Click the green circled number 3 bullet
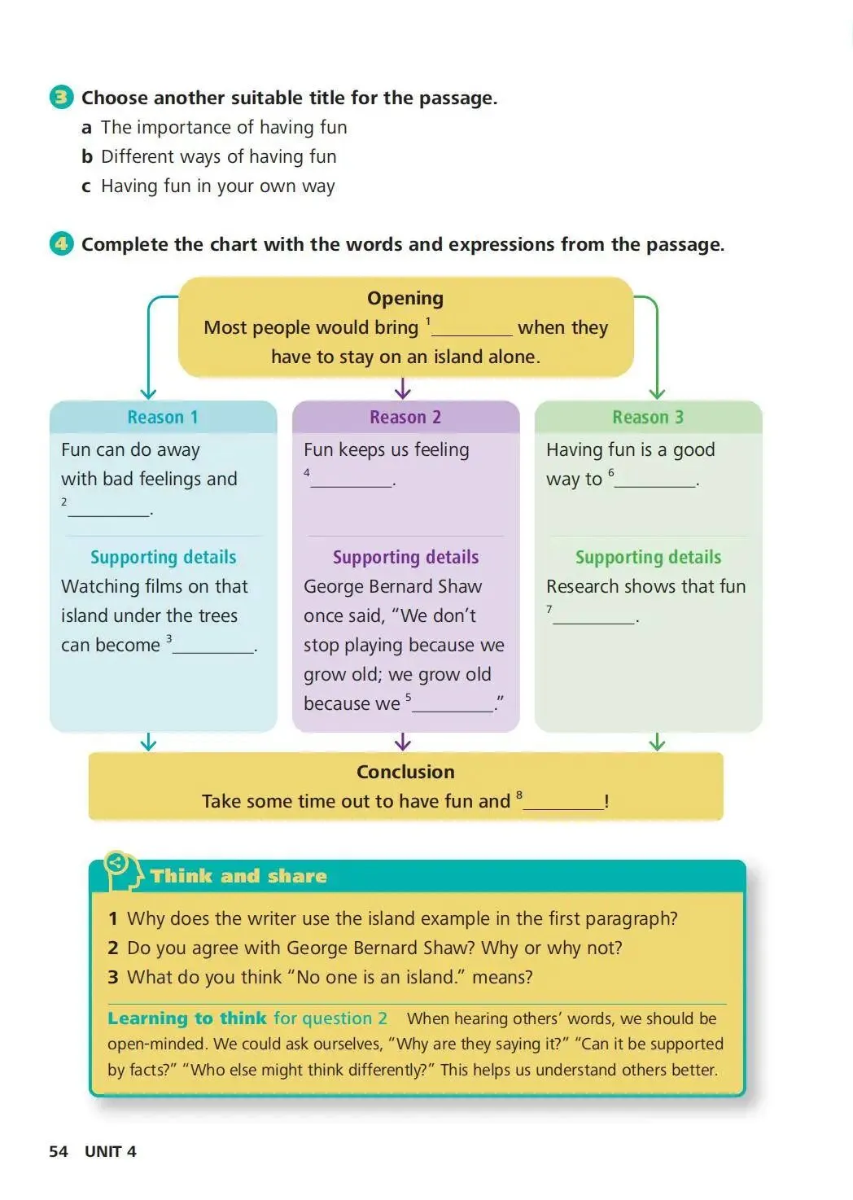(x=61, y=98)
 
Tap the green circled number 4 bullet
(x=61, y=243)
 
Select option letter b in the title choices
(x=86, y=156)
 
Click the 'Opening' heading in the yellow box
(x=405, y=298)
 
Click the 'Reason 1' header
(x=163, y=417)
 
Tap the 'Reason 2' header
(x=405, y=417)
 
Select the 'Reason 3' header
(x=648, y=417)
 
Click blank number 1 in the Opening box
(x=472, y=329)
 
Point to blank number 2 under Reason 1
(x=109, y=510)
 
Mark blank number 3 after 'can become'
(x=213, y=646)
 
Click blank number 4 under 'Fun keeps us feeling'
(x=352, y=480)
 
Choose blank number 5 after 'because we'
(x=453, y=705)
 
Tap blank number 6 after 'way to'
(x=656, y=480)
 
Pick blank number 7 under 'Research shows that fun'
(x=594, y=617)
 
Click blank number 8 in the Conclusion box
(x=563, y=803)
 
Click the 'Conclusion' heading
(x=405, y=772)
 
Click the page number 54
(x=59, y=1151)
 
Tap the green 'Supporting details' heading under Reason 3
(x=648, y=557)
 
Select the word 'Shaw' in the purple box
(x=459, y=586)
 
